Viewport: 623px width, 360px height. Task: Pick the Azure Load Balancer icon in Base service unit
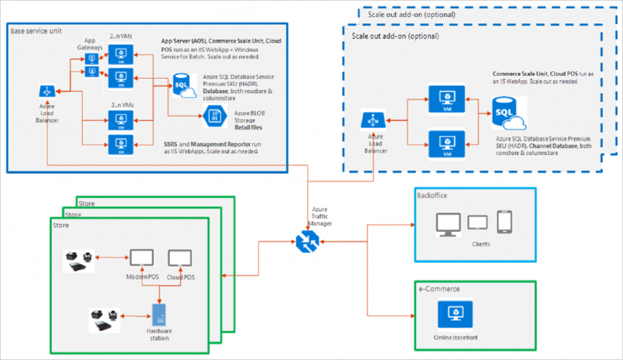[x=46, y=92]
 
